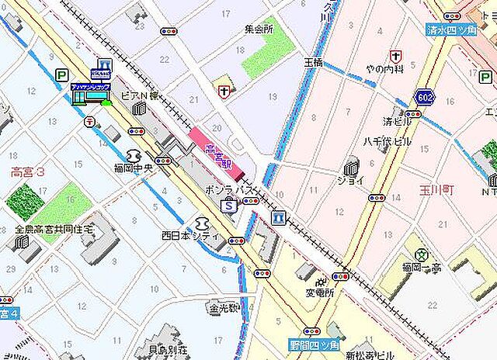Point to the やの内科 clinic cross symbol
click(x=396, y=57)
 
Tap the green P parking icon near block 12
click(x=61, y=74)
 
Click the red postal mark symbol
click(x=90, y=122)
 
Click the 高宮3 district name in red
click(x=29, y=171)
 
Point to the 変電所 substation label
click(x=318, y=293)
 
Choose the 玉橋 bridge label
click(x=313, y=61)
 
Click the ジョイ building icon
click(x=352, y=165)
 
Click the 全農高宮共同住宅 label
click(x=54, y=230)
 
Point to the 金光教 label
click(x=224, y=308)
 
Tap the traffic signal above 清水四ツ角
click(x=452, y=16)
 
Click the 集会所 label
click(x=259, y=29)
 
